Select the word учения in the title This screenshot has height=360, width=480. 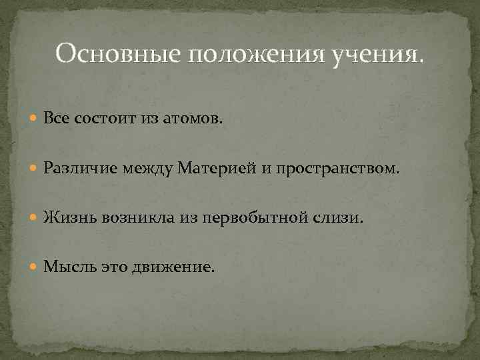[373, 53]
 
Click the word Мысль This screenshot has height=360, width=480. [70, 267]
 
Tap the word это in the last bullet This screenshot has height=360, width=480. [114, 267]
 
